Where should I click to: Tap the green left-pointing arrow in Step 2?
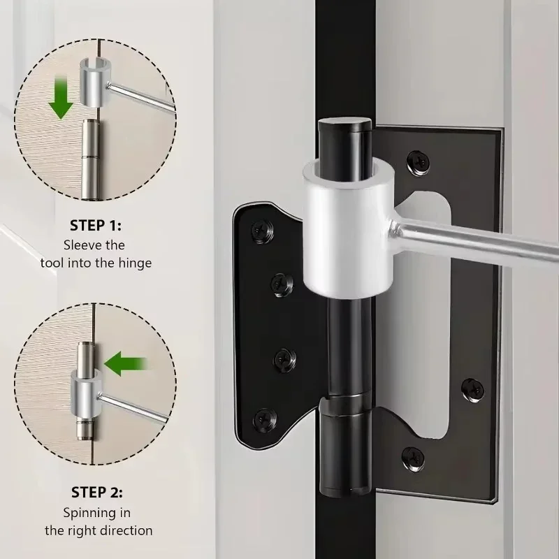coord(125,363)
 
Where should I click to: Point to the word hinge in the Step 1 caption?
coord(132,263)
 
